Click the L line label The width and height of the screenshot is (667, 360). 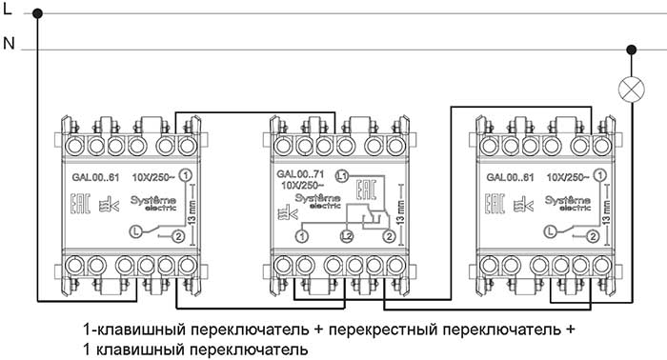pos(8,10)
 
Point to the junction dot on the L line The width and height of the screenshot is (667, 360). pos(38,13)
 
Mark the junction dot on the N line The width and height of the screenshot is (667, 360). pos(630,49)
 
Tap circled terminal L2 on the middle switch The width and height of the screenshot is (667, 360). pos(347,234)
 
